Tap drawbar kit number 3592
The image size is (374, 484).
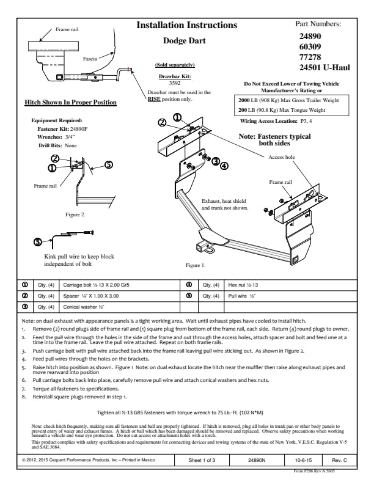click(x=175, y=82)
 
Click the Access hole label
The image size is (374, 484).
click(x=282, y=157)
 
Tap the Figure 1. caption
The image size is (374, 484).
click(x=196, y=266)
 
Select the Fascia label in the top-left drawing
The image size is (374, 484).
click(x=91, y=58)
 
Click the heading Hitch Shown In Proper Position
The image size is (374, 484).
click(x=70, y=102)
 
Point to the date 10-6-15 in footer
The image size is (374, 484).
click(x=298, y=458)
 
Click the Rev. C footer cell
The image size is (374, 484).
click(x=339, y=458)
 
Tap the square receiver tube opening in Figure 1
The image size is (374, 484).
click(x=200, y=247)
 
